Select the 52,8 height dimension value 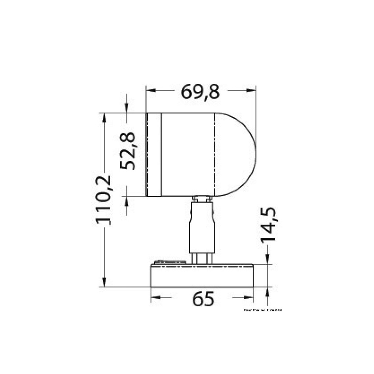128,151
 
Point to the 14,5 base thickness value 268,225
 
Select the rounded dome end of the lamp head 236,155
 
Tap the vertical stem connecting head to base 202,228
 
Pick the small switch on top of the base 170,262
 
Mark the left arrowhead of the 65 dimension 155,298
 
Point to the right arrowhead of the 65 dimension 249,298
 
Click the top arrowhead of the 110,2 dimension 104,117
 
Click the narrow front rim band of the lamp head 154,155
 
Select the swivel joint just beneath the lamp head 202,199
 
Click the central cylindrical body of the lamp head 188,155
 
